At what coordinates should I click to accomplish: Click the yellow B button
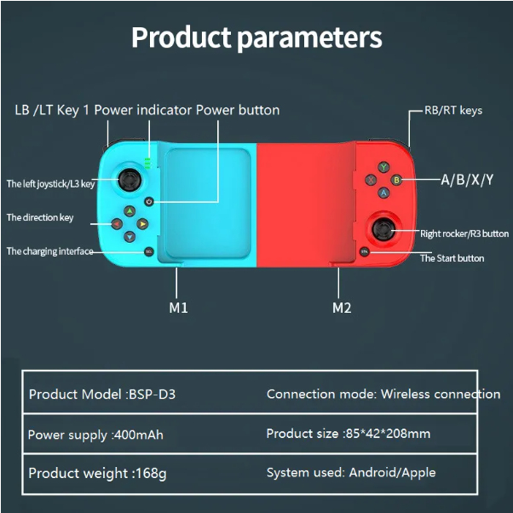click(395, 180)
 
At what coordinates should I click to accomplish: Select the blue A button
click(383, 193)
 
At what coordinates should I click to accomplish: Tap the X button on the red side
click(371, 180)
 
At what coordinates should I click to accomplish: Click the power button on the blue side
click(149, 202)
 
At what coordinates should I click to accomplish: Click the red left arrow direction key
click(116, 224)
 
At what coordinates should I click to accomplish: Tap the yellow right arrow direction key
click(143, 224)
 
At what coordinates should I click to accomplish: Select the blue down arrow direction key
click(130, 237)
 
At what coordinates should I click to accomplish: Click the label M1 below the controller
click(178, 308)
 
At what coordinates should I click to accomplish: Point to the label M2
click(341, 308)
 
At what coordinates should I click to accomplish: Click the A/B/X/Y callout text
click(466, 180)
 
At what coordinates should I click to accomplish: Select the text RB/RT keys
click(453, 111)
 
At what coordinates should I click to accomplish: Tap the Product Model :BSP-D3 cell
click(107, 394)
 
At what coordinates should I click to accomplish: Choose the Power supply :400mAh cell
click(95, 435)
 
